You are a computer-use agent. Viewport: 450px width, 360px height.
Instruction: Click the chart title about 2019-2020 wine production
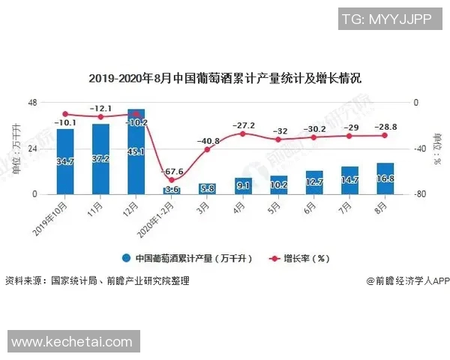click(x=225, y=78)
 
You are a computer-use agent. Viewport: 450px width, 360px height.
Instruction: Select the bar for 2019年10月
click(x=65, y=161)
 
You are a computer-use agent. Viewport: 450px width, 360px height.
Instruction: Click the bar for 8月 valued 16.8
click(x=385, y=178)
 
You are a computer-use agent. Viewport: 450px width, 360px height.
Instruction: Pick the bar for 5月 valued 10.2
click(x=278, y=184)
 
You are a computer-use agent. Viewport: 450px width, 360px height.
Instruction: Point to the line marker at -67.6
click(x=172, y=180)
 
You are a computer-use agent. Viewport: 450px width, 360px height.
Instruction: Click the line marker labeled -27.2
click(x=243, y=133)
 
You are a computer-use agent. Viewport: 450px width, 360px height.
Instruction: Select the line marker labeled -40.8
click(x=207, y=149)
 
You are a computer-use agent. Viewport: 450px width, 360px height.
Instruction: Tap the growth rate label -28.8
click(x=385, y=127)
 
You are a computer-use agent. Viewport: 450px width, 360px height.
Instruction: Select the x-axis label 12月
click(x=133, y=205)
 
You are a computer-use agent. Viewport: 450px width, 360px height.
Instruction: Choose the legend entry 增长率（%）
click(x=298, y=258)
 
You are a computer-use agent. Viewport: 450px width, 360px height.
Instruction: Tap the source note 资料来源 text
click(x=97, y=281)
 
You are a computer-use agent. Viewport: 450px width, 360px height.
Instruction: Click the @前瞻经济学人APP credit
click(x=407, y=281)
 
